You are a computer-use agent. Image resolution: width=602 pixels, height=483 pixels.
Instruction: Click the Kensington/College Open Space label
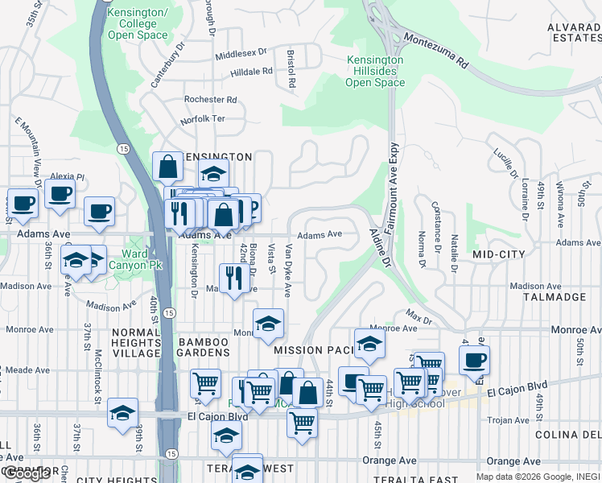coord(138,24)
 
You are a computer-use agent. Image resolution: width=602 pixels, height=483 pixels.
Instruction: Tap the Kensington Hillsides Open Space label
coord(374,72)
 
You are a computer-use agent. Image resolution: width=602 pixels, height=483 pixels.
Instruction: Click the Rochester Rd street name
coord(210,100)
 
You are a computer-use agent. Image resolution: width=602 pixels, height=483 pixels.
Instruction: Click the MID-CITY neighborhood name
coord(499,254)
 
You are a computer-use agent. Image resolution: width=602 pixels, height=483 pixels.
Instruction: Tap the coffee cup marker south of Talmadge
coord(475,360)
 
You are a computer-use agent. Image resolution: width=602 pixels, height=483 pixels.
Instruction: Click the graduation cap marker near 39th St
coord(122,413)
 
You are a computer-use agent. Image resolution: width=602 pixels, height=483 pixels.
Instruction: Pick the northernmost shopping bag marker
coord(167,167)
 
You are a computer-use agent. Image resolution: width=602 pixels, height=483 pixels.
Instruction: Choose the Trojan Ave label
coord(508,420)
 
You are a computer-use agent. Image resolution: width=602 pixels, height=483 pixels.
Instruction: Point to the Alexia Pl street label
coord(67,176)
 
